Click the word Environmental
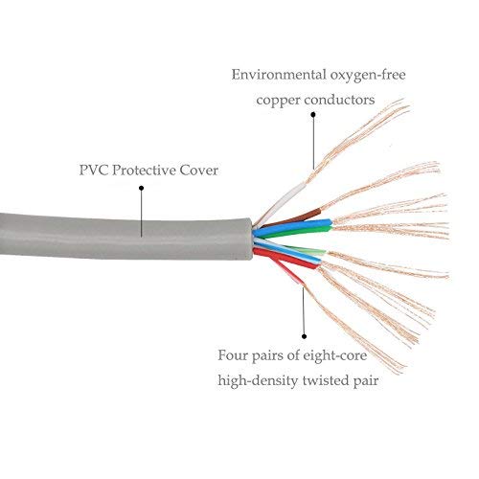279,75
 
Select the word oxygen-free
368,76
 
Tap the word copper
278,101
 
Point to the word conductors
339,100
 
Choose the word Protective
144,171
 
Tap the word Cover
198,171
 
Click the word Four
232,355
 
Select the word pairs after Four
267,356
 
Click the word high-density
258,381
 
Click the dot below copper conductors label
313,114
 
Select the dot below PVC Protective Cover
141,188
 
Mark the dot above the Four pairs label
304,336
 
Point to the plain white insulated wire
281,203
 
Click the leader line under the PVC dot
141,214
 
